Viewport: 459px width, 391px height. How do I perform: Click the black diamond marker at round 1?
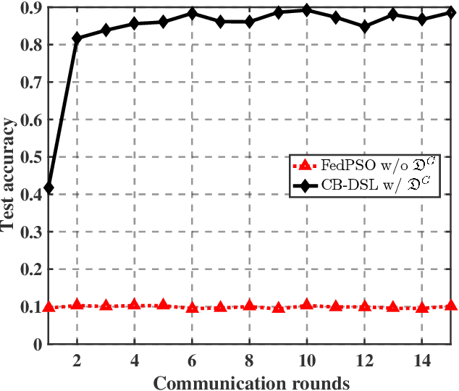pyautogui.click(x=49, y=188)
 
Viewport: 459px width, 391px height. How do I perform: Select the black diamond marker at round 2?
pyautogui.click(x=77, y=38)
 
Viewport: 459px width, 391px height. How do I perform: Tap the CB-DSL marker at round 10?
pyautogui.click(x=306, y=10)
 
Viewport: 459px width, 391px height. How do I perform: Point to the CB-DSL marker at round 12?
pyautogui.click(x=364, y=26)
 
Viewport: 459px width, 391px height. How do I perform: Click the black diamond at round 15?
pyautogui.click(x=450, y=12)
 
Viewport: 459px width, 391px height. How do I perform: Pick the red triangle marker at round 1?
pyautogui.click(x=49, y=307)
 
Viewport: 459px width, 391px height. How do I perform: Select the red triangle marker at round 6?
pyautogui.click(x=192, y=308)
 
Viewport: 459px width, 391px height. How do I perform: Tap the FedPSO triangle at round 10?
pyautogui.click(x=306, y=306)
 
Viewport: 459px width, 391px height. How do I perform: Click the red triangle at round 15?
pyautogui.click(x=450, y=306)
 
